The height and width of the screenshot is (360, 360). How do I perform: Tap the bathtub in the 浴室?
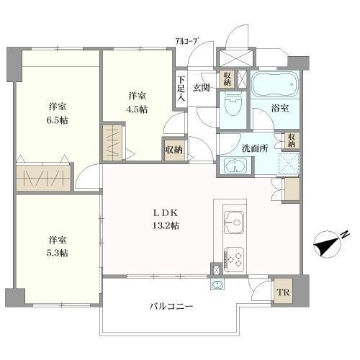[276, 84]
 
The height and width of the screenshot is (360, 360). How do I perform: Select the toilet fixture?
[233, 104]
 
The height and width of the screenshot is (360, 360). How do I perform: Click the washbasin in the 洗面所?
[235, 166]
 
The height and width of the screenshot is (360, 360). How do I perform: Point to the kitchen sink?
[233, 222]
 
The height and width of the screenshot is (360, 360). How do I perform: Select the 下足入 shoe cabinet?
[181, 89]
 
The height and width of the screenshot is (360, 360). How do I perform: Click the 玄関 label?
[202, 88]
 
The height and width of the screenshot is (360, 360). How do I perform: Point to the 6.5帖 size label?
[57, 120]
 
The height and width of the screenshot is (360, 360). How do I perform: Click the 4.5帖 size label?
[137, 109]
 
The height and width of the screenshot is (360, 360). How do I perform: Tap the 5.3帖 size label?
[57, 253]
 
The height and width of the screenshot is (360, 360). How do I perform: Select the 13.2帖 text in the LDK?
[166, 225]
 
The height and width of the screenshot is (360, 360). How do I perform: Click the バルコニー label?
[171, 307]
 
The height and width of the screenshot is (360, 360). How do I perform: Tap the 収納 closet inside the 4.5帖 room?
[174, 150]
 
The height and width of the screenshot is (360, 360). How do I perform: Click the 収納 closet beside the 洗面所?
[292, 140]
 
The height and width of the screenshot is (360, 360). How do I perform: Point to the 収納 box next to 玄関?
[228, 79]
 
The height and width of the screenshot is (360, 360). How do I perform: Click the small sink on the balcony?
[217, 284]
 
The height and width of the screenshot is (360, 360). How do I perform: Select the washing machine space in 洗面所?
[289, 163]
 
